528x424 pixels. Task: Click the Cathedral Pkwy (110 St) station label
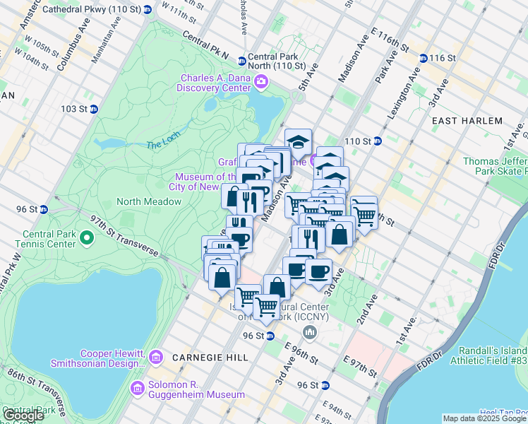(x=91, y=10)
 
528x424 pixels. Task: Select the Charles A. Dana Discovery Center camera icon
(x=261, y=82)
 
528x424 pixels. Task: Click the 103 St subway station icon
(x=93, y=109)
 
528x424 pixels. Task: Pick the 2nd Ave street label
(x=367, y=310)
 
